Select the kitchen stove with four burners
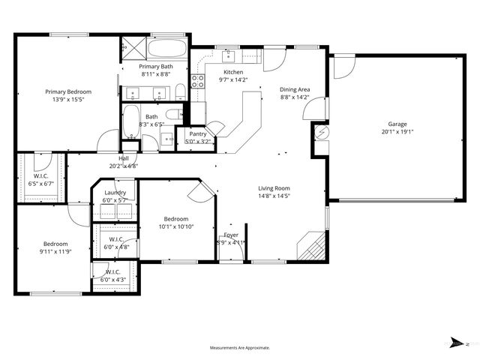coord(199,81)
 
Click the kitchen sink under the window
coord(226,55)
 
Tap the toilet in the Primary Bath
coord(181,92)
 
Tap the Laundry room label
coord(115,193)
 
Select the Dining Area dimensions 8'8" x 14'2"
coord(295,97)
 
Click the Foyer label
coord(231,235)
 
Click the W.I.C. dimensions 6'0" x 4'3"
coord(115,280)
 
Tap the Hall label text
coord(124,158)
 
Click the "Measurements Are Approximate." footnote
coord(240,347)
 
